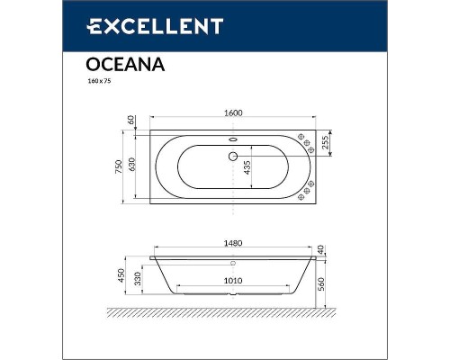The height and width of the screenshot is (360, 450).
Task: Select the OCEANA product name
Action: [112, 64]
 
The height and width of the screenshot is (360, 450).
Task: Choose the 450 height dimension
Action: [130, 275]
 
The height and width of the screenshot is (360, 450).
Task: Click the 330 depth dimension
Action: [143, 281]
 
